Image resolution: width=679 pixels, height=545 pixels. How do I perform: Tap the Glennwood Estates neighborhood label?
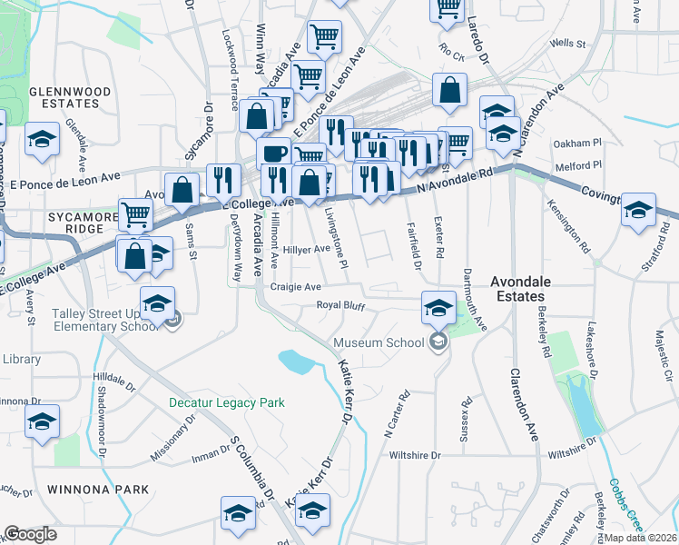coord(69,98)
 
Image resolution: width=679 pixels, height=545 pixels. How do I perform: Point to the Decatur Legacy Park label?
coord(227,402)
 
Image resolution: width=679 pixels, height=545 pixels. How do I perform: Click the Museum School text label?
coord(379,342)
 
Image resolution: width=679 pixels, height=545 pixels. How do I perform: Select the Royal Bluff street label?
coord(340,306)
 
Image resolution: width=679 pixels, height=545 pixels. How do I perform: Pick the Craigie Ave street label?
coord(296,286)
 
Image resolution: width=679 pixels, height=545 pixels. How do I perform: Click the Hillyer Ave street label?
coord(306,249)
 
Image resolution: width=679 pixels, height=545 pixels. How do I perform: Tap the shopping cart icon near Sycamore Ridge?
coord(135,216)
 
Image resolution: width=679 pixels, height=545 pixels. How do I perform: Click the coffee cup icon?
coord(273,153)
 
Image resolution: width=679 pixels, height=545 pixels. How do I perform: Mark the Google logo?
coord(31,534)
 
